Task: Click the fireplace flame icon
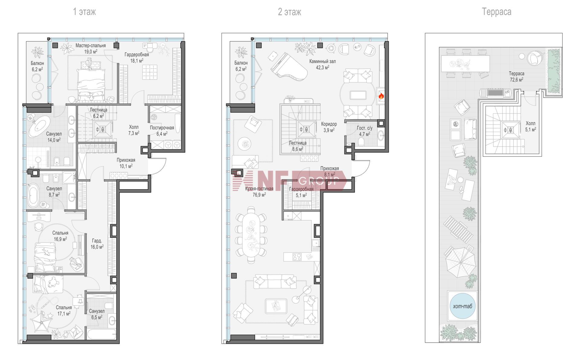tap(381, 96)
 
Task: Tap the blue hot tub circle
tap(462, 306)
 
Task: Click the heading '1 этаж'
tap(84, 12)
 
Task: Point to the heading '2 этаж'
tap(289, 12)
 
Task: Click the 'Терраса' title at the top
tap(497, 12)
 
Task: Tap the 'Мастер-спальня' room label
tap(91, 46)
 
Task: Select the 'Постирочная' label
tap(162, 128)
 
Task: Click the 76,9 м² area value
tap(259, 195)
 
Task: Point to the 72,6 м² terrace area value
tap(517, 80)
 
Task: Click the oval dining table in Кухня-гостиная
tap(251, 234)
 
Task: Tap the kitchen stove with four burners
tap(297, 257)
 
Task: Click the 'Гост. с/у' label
tap(365, 128)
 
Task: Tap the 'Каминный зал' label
tap(322, 61)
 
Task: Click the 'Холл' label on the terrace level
tap(530, 123)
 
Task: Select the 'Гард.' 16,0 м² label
tap(97, 241)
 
